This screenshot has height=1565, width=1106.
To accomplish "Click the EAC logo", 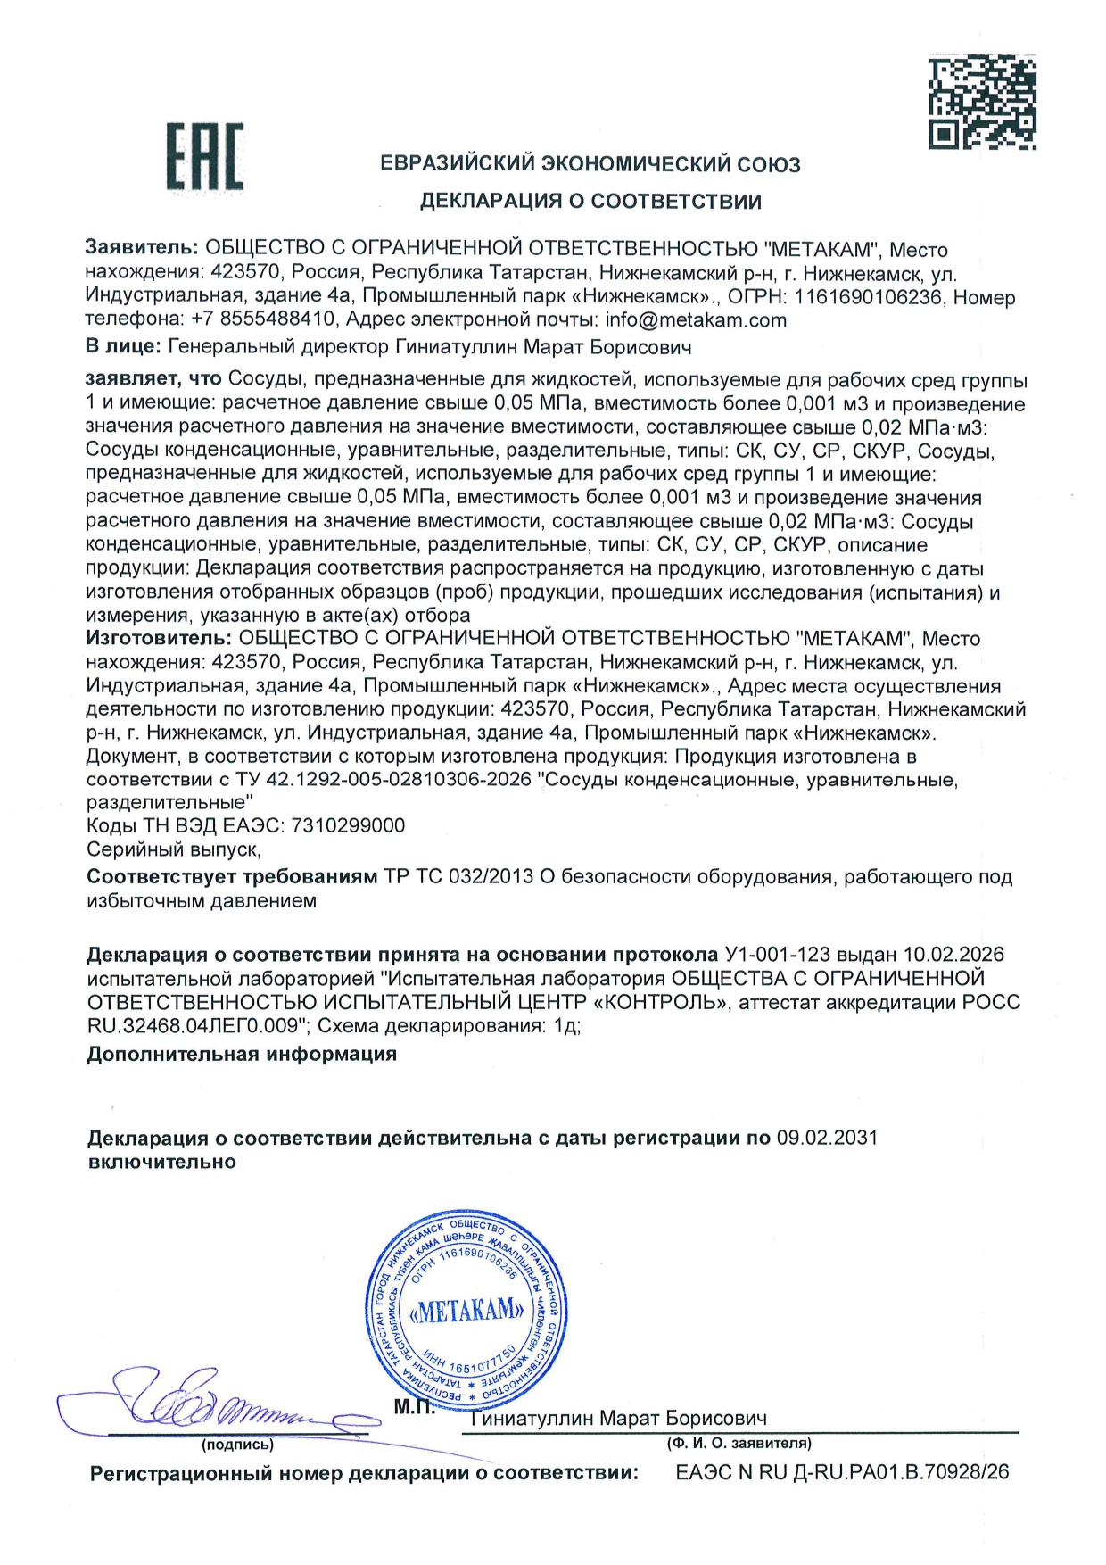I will tap(204, 157).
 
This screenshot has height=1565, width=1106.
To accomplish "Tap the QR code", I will tap(982, 102).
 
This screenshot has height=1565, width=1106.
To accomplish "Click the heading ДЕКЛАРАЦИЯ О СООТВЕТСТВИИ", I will tap(590, 201).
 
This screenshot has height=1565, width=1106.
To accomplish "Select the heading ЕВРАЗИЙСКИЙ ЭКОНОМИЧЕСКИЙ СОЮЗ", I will tap(590, 164).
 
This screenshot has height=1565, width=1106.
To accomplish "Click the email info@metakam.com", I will tap(696, 319).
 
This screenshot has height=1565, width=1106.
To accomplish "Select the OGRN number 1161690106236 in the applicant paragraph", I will tap(868, 296).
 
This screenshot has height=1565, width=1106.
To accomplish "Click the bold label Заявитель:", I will tap(141, 249).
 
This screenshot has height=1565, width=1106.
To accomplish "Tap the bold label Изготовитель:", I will tap(159, 638).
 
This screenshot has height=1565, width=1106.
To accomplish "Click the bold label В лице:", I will tap(123, 346).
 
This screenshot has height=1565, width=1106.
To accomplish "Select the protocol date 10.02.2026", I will tap(953, 955).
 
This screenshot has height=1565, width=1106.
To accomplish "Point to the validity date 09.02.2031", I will tap(827, 1138).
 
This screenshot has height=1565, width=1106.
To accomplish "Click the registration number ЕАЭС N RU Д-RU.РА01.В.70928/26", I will tap(842, 1472).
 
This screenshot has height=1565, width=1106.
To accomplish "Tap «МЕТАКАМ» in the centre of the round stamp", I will tap(467, 1311).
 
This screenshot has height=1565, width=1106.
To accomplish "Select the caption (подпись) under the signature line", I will tap(237, 1444).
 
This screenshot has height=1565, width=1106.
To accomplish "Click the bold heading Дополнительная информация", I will tap(242, 1054).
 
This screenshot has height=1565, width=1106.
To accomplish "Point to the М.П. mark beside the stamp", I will tap(415, 1407).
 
